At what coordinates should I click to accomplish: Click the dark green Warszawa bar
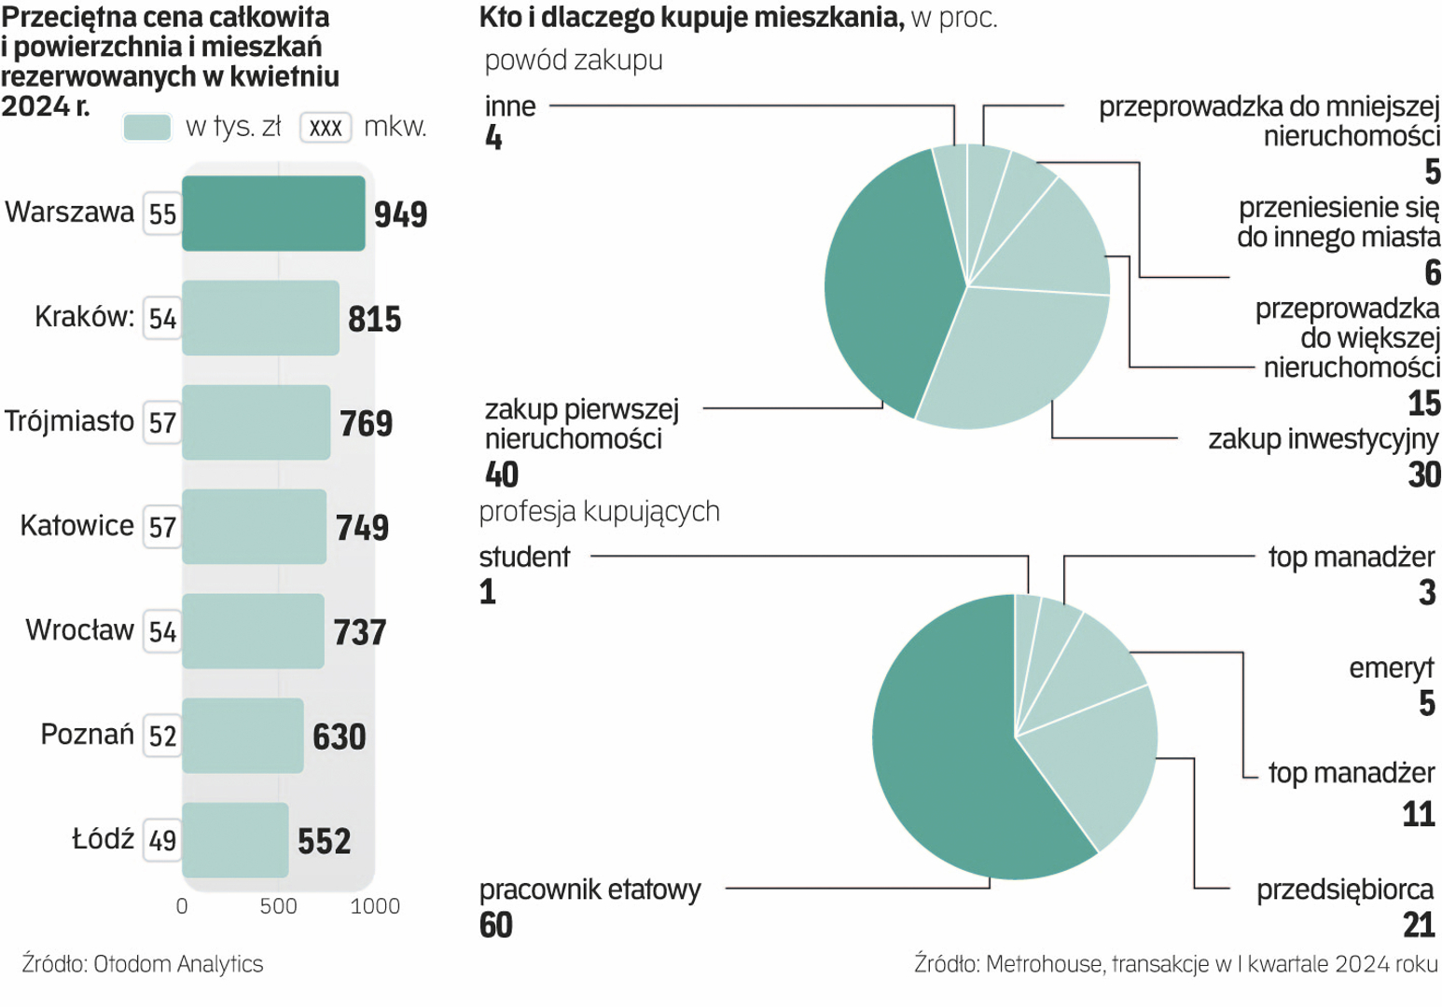click(273, 214)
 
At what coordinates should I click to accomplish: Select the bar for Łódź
click(235, 840)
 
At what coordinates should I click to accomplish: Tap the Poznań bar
click(243, 736)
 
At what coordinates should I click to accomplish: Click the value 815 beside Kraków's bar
click(374, 319)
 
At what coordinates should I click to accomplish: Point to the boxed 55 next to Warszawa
click(162, 214)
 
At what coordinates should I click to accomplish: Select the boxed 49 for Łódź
click(162, 841)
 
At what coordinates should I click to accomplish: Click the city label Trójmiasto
click(69, 421)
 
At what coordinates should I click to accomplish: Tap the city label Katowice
click(76, 526)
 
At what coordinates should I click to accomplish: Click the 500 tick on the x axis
click(278, 906)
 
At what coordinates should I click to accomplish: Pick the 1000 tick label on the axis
click(375, 906)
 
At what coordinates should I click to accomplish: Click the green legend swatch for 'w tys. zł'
click(147, 127)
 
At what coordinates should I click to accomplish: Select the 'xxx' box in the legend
click(326, 128)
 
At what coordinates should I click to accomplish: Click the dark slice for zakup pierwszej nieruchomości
click(886, 280)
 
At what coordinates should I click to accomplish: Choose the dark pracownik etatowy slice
click(942, 746)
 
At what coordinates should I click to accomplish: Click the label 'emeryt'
click(1391, 669)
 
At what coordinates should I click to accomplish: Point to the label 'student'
click(524, 558)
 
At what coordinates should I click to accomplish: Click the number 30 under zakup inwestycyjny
click(1424, 475)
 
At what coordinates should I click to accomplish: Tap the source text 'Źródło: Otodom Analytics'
click(143, 964)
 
